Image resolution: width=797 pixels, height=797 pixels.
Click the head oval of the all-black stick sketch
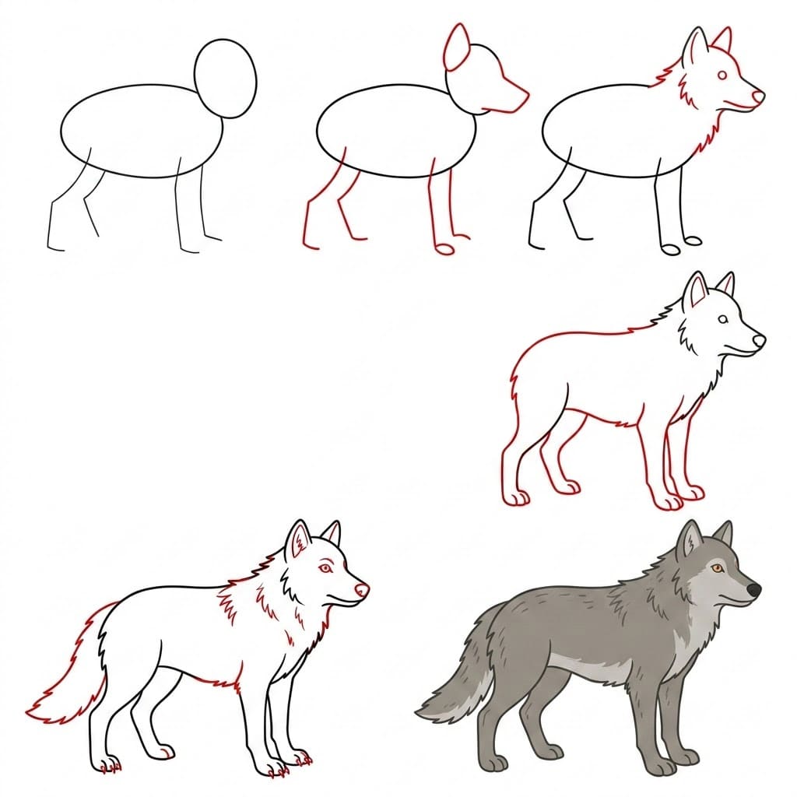225,79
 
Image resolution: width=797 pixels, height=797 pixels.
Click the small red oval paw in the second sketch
444,249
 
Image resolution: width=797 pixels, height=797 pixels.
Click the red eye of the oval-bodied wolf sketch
723,75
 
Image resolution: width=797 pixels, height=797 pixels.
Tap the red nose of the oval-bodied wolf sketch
758,96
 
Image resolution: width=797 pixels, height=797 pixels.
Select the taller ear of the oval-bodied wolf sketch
695,48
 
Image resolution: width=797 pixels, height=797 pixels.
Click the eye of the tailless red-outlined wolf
723,320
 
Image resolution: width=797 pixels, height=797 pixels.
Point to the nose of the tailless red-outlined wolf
759,340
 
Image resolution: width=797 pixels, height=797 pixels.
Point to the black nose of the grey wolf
753,591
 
